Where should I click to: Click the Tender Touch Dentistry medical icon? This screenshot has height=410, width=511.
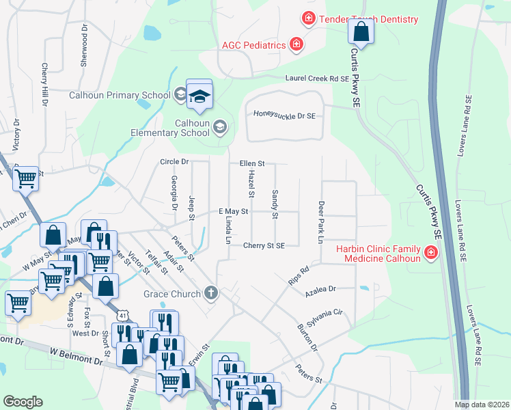(x=309, y=18)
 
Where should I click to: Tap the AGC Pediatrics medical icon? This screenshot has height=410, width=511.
(x=296, y=45)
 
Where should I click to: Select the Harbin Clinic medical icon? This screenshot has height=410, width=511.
(x=430, y=254)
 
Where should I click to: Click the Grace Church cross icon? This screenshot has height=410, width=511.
(x=212, y=294)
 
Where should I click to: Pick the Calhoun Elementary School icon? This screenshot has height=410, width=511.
(x=220, y=127)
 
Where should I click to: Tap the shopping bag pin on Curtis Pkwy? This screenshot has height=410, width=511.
(x=361, y=32)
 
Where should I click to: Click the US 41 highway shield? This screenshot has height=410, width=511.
(x=122, y=315)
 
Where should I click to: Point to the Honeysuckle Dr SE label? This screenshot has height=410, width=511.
(x=284, y=116)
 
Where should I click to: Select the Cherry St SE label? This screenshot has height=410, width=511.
(x=272, y=245)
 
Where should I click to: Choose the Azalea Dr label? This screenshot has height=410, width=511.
(x=322, y=290)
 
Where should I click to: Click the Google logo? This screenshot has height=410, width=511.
(x=23, y=401)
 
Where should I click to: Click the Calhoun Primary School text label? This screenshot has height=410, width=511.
(x=119, y=95)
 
